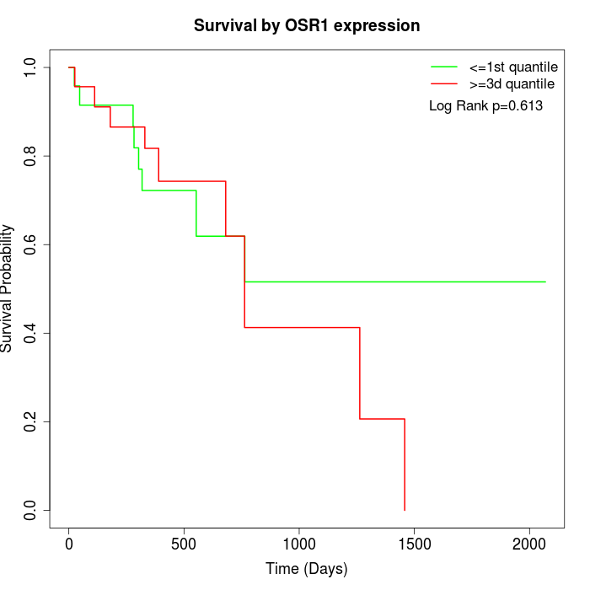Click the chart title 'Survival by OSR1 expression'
(x=307, y=25)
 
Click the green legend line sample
(x=444, y=66)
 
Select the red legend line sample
(x=444, y=83)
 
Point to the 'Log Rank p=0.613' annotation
(x=485, y=106)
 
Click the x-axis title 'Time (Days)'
(x=307, y=569)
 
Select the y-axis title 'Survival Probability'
(x=8, y=288)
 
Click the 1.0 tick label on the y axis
(x=31, y=67)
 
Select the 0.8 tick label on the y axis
(x=31, y=156)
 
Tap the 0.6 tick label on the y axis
(x=31, y=244)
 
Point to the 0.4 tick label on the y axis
(x=31, y=333)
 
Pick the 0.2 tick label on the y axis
(x=31, y=421)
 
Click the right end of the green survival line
(x=545, y=282)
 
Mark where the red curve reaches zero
(x=405, y=510)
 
